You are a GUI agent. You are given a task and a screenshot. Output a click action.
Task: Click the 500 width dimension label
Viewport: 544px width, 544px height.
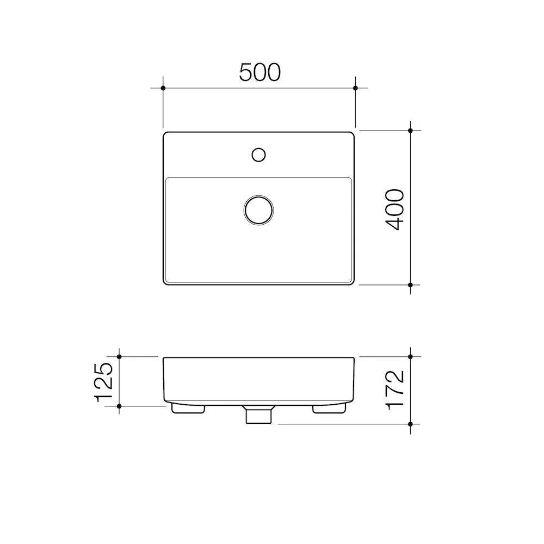point(259,72)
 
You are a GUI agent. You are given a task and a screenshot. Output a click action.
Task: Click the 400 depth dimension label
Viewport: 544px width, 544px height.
point(395,209)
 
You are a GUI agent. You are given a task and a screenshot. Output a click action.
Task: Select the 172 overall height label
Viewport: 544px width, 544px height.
point(395,390)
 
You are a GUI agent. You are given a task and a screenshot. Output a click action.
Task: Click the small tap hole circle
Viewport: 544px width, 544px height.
point(258,154)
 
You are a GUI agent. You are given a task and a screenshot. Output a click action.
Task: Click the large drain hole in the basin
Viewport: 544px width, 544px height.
point(258,209)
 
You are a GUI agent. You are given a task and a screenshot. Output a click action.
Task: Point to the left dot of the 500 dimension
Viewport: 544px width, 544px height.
point(163,88)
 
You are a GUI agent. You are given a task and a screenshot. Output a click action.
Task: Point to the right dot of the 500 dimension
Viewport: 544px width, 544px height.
point(355,88)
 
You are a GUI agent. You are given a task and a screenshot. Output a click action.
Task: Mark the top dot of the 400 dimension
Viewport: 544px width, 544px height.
point(411,131)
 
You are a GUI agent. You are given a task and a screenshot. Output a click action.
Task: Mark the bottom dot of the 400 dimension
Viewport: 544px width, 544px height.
point(411,285)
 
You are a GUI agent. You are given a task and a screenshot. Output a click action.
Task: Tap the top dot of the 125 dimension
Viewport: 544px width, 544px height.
point(119,356)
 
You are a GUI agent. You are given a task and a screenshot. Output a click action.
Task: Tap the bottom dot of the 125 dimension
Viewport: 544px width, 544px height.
point(119,405)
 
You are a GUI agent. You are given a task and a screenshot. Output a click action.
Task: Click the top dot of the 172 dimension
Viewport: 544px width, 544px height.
point(411,356)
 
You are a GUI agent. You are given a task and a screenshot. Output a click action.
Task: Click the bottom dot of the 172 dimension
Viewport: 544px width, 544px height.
point(411,423)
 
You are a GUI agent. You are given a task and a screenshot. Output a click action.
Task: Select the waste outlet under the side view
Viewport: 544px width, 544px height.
point(258,415)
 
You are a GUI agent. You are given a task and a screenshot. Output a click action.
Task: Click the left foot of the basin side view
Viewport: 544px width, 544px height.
point(188,409)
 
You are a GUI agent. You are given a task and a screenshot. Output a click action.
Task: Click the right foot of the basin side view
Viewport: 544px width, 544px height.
point(330,409)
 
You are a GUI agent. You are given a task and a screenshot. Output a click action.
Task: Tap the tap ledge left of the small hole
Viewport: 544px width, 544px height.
point(207,155)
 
